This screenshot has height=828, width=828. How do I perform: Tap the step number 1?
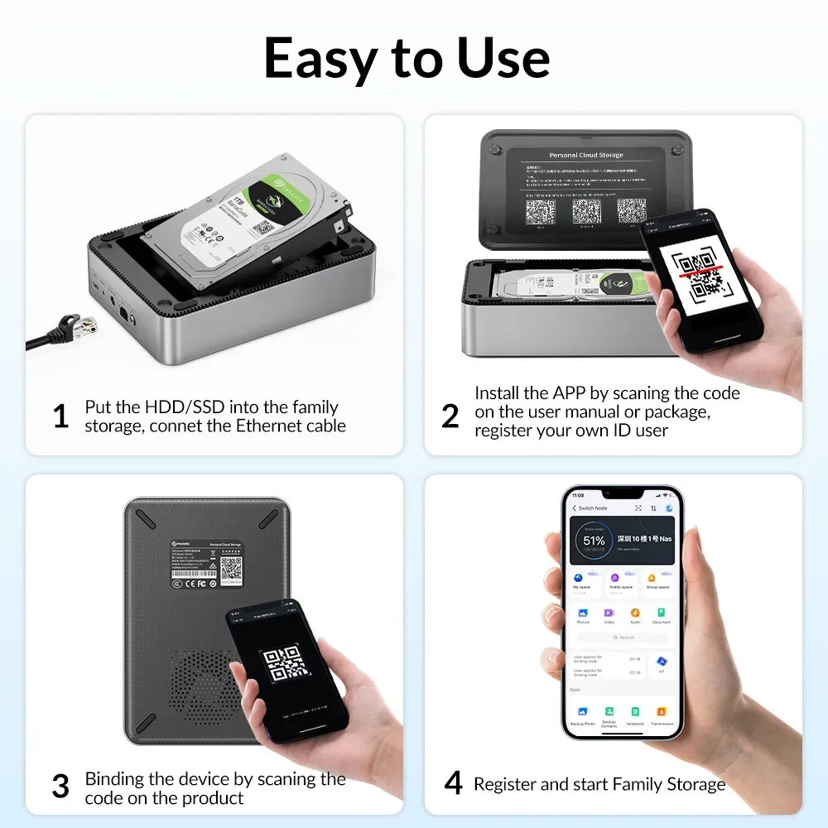60,416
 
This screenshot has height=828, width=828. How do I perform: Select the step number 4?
453,783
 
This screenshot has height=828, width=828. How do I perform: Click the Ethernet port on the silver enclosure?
124,314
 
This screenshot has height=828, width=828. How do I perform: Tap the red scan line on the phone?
700,270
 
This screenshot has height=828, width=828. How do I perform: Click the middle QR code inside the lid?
586,211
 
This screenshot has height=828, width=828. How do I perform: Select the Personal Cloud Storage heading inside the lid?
586,155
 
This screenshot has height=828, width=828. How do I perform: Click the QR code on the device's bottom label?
232,568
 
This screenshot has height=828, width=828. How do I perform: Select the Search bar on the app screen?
622,638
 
